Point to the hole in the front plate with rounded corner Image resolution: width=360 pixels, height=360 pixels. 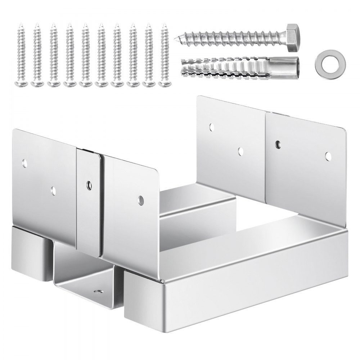[x=140, y=199]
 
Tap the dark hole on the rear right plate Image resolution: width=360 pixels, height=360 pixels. [x=278, y=144]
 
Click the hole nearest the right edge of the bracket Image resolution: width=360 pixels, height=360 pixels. [x=328, y=156]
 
